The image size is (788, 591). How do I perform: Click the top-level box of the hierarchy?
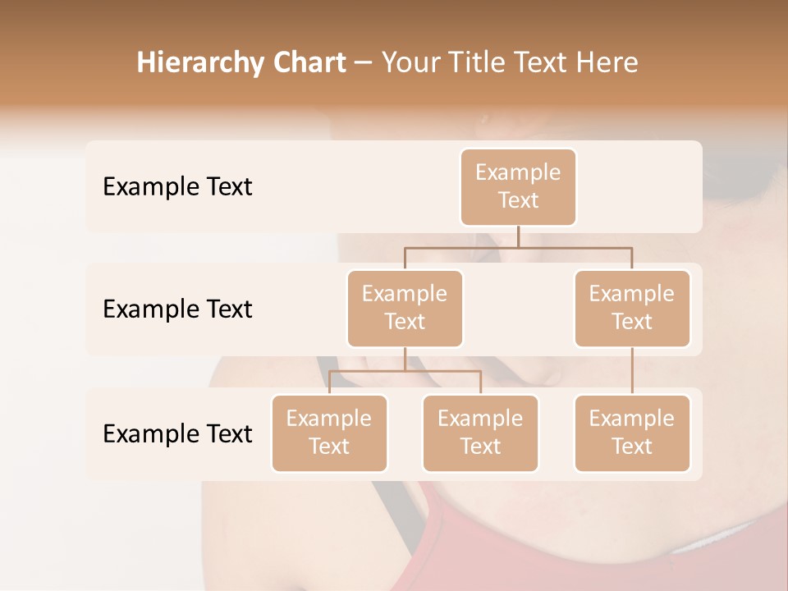[518, 186]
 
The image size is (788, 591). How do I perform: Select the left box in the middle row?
[405, 308]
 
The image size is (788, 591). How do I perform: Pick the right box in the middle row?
[632, 308]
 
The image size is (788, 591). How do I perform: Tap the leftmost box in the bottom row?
[329, 433]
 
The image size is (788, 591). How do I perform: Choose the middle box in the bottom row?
[480, 433]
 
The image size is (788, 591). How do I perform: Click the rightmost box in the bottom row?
[632, 433]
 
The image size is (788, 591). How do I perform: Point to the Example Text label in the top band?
[177, 187]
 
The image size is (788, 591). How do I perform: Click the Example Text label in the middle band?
[177, 309]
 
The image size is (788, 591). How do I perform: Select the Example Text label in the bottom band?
[177, 433]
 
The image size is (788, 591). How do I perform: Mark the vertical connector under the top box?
[518, 236]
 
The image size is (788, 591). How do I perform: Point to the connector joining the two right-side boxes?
[632, 371]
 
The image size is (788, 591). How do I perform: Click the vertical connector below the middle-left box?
[405, 359]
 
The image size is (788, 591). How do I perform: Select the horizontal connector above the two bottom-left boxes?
[405, 371]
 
